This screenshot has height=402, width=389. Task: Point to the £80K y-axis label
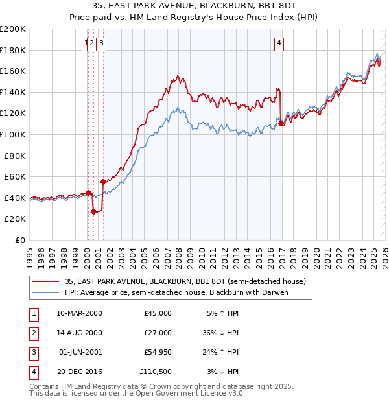tap(15, 156)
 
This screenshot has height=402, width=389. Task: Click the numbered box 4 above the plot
tap(279, 43)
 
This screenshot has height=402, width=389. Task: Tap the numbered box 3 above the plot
tap(102, 43)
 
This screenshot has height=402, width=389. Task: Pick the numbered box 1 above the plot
tap(86, 43)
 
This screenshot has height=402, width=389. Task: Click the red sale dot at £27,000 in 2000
tap(93, 211)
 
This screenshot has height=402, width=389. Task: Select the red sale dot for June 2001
tap(102, 182)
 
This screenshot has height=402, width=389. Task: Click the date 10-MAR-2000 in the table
tap(79, 313)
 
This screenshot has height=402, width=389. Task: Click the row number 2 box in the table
tap(33, 333)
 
